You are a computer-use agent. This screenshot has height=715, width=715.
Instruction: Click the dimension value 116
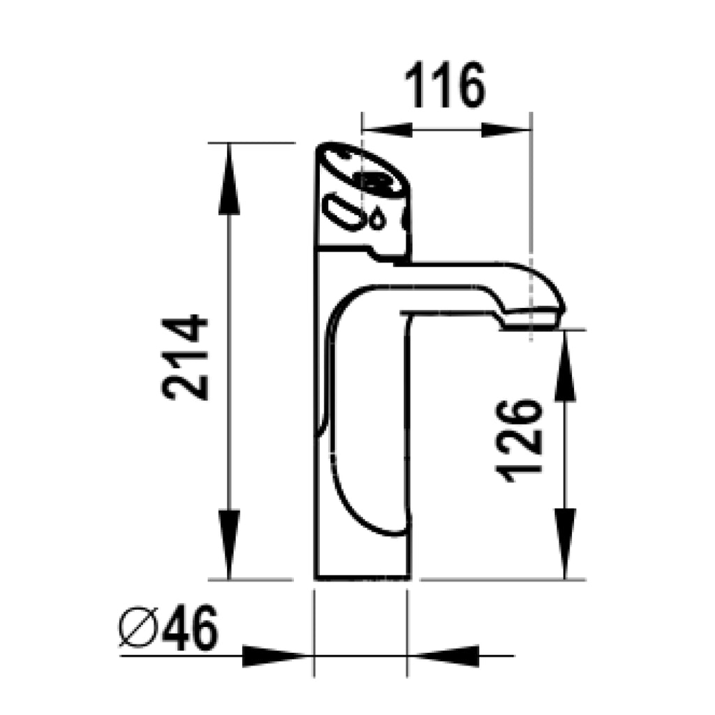tap(445, 85)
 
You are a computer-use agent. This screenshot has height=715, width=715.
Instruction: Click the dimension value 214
tap(186, 357)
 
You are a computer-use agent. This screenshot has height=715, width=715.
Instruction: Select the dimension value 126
tap(520, 441)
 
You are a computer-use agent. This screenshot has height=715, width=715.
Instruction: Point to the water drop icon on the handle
tap(377, 219)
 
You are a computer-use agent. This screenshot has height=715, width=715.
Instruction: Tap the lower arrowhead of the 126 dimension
tap(565, 541)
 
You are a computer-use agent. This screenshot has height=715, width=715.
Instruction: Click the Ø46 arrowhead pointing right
tap(276, 656)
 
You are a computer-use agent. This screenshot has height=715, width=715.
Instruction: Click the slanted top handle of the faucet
tap(363, 171)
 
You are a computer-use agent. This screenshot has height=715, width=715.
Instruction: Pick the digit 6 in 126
tap(520, 413)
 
